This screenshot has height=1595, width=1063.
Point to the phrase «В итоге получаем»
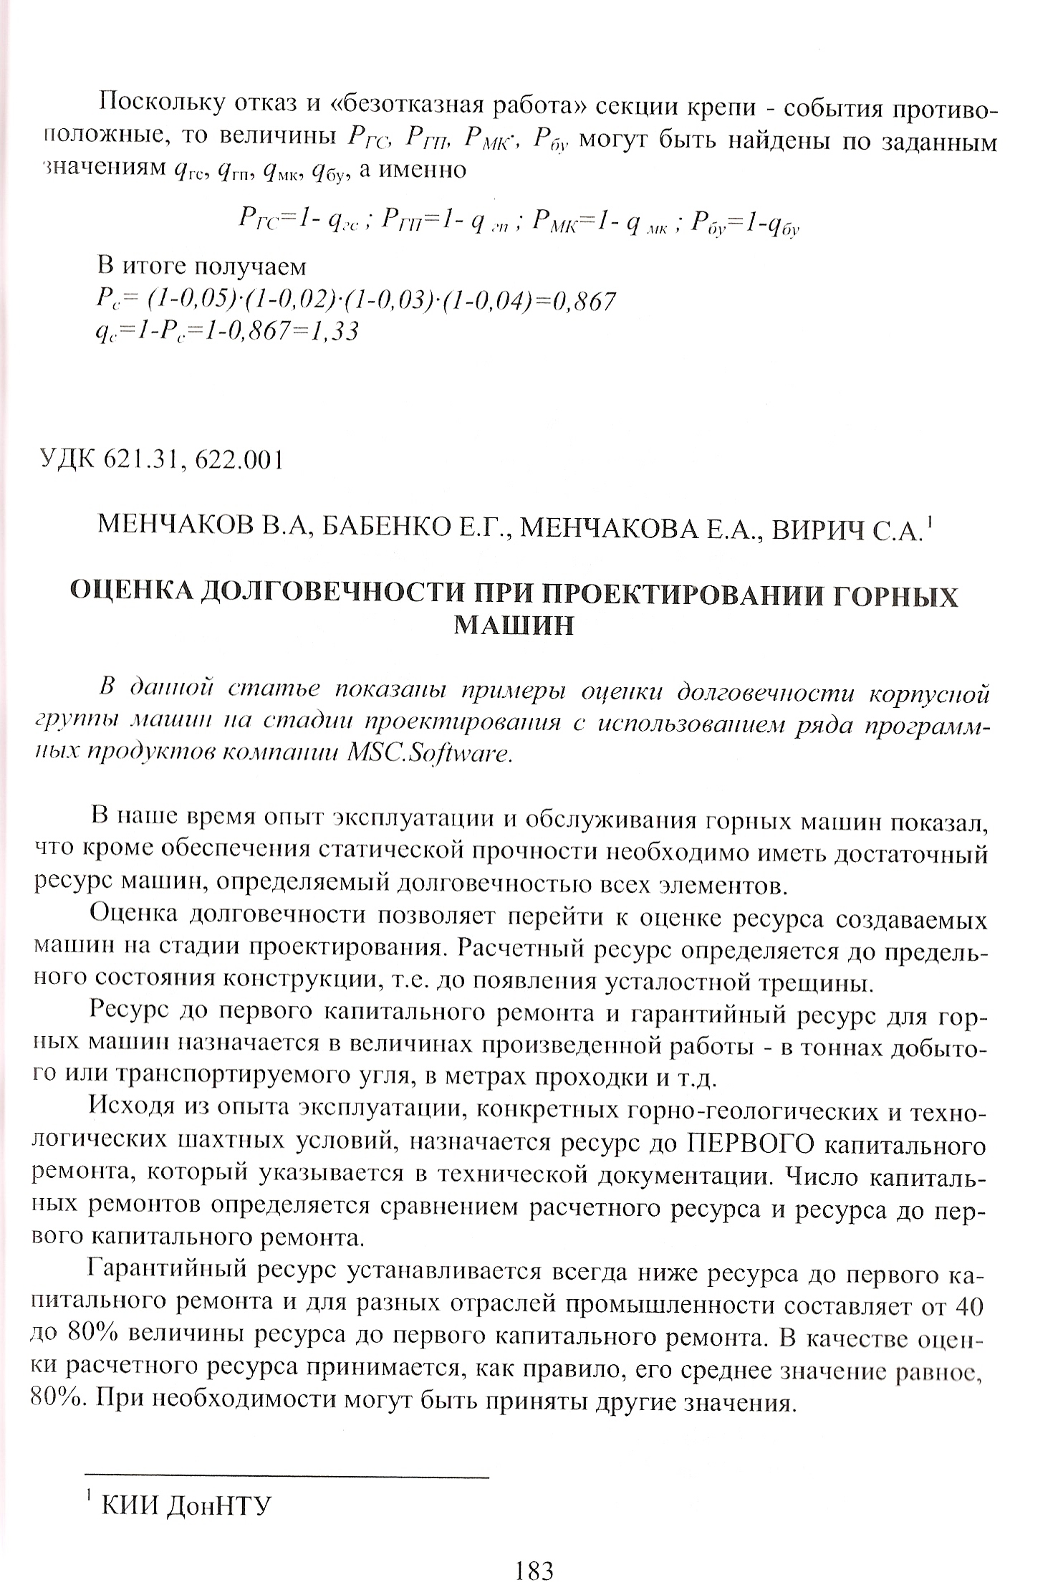201,267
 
